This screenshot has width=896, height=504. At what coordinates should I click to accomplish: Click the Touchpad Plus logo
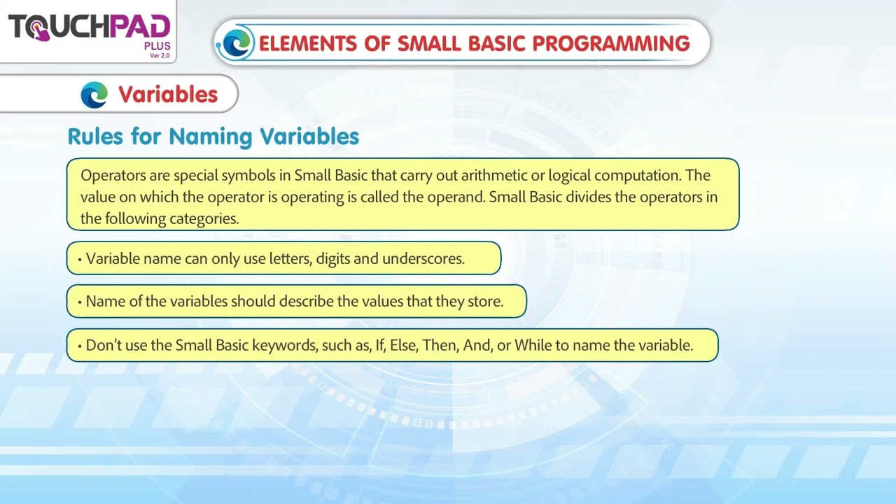click(89, 29)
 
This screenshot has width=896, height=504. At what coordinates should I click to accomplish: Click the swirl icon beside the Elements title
click(236, 43)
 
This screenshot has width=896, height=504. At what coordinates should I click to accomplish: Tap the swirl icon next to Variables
click(94, 94)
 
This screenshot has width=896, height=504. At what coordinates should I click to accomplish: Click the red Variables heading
click(168, 94)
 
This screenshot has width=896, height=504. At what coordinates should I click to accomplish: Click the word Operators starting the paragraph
click(111, 175)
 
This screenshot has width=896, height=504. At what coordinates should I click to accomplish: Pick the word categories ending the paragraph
click(204, 218)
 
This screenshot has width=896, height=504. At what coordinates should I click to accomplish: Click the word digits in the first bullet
click(332, 259)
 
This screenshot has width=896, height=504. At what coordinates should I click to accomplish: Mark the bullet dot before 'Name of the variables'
click(80, 302)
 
